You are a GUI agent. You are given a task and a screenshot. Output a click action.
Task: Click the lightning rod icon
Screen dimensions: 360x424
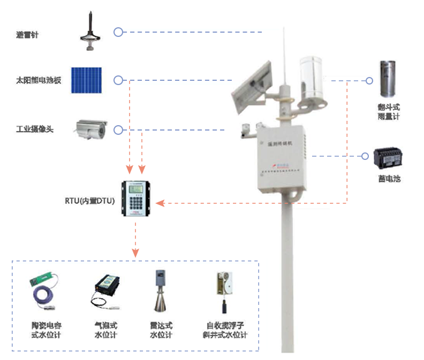click(x=90, y=33)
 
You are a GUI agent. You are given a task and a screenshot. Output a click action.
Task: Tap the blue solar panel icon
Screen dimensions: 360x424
click(x=87, y=80)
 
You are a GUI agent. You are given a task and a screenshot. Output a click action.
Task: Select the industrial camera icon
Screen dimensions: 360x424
click(x=91, y=128)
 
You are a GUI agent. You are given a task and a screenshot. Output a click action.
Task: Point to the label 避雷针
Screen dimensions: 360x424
click(x=27, y=35)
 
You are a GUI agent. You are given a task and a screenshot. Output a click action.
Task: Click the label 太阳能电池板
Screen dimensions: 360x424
click(x=39, y=81)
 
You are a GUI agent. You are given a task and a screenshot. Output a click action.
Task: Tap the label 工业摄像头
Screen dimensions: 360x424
click(x=35, y=129)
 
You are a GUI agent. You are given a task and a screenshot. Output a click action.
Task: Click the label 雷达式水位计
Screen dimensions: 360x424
click(x=161, y=330)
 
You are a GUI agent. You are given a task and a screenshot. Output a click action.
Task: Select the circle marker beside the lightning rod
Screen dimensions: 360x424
click(x=118, y=32)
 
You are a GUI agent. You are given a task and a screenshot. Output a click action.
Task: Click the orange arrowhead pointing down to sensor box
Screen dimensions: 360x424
click(x=135, y=251)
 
